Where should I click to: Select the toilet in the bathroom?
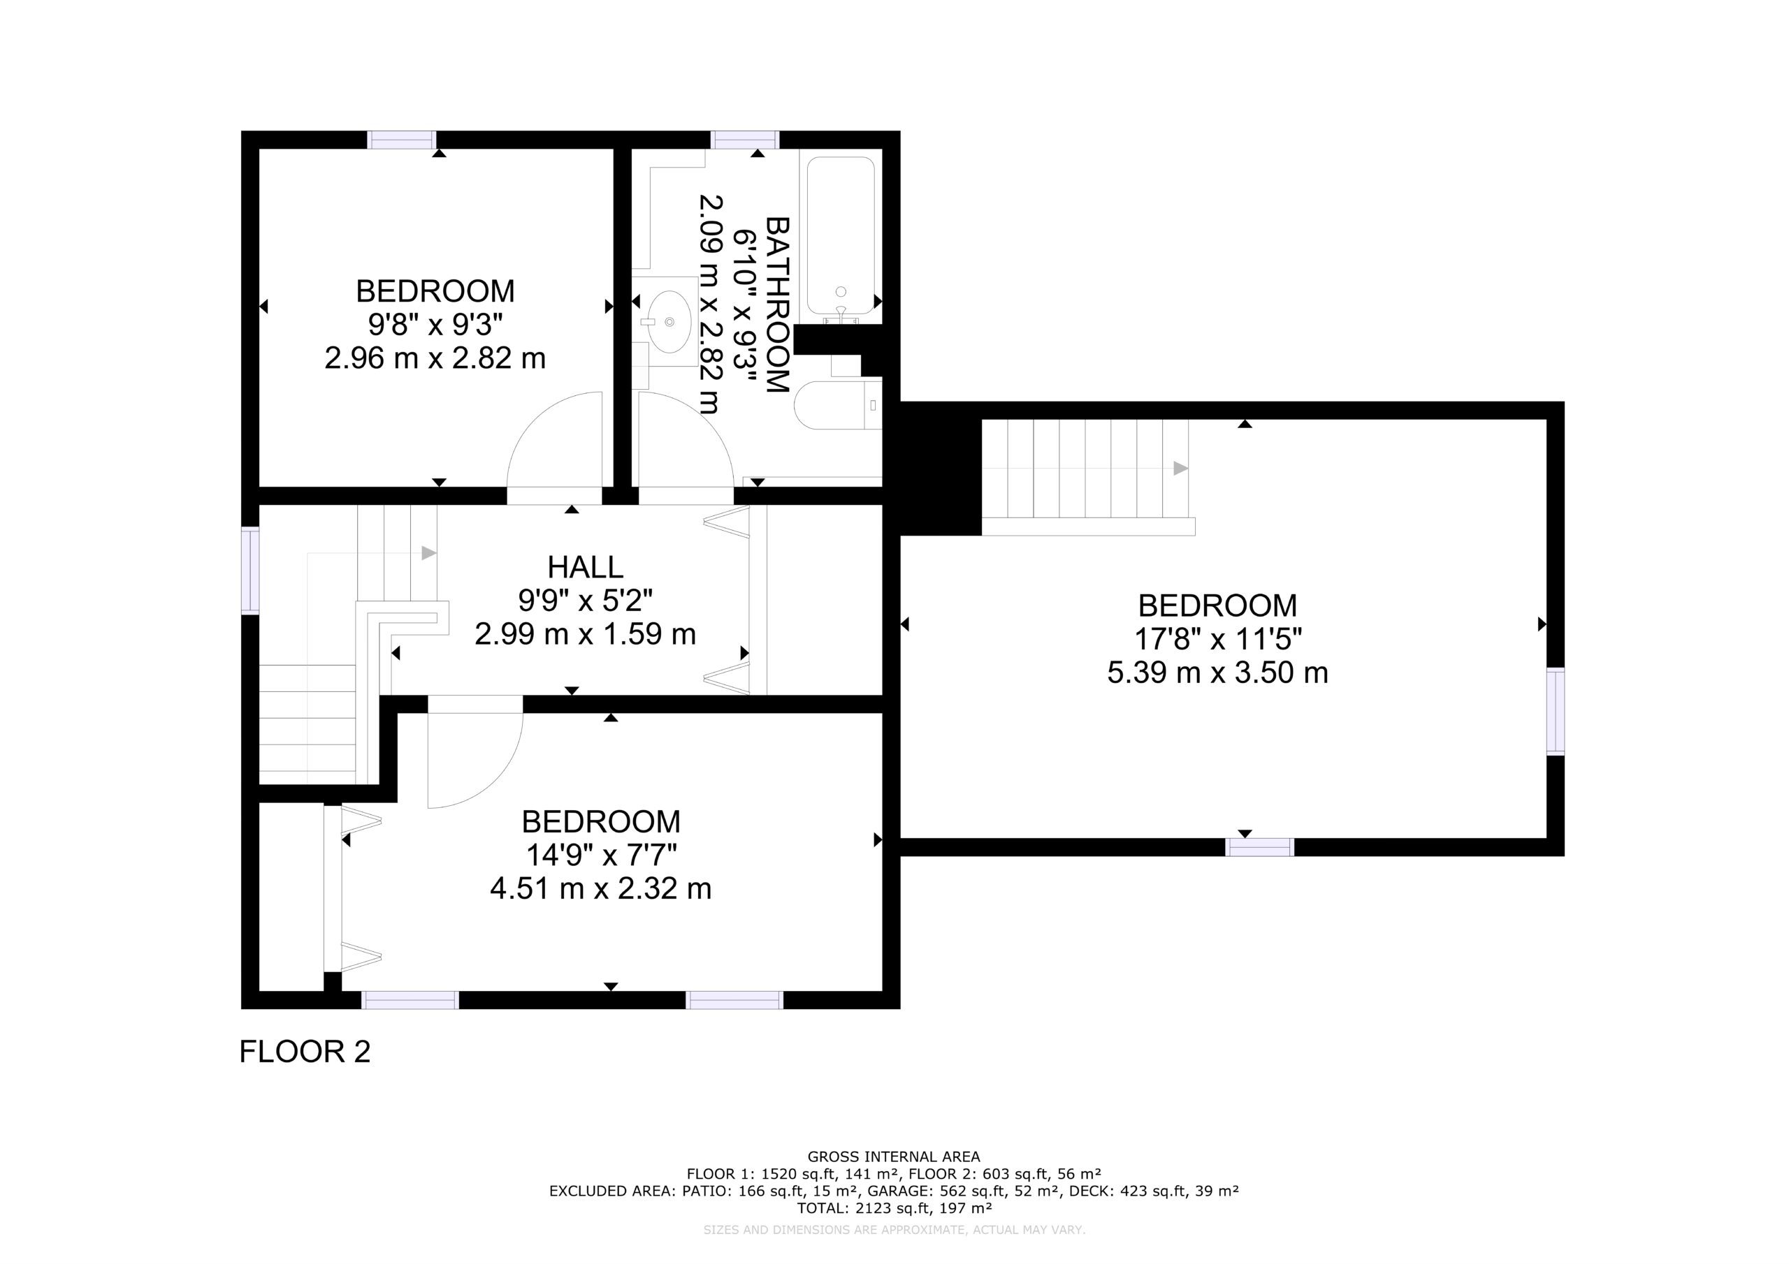coord(839,405)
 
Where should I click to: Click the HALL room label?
coord(585,567)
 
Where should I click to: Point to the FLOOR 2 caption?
coord(305,1052)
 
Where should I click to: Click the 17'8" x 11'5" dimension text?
coord(1217,640)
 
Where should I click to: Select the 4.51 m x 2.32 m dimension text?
coord(601,888)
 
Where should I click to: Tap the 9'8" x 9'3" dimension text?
coord(435,324)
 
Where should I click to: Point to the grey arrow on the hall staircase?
coord(428,553)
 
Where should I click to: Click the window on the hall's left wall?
coord(249,570)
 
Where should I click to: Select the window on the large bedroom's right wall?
coord(1556,710)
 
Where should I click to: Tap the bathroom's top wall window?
coord(746,140)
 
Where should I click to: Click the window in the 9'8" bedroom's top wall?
coord(401,140)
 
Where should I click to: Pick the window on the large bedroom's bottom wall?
coord(1260,846)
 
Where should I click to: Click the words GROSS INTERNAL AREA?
coord(894,1157)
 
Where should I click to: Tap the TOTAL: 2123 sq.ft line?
coord(894,1209)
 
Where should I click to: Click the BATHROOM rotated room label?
coord(778,304)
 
